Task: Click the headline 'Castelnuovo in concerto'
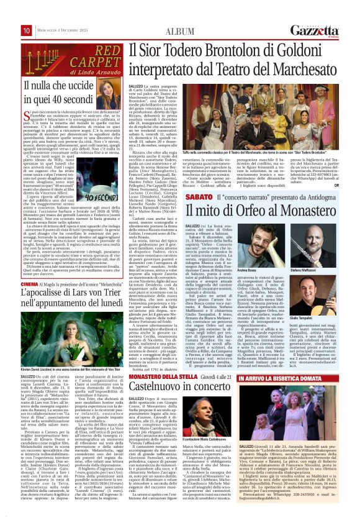point(175,370)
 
